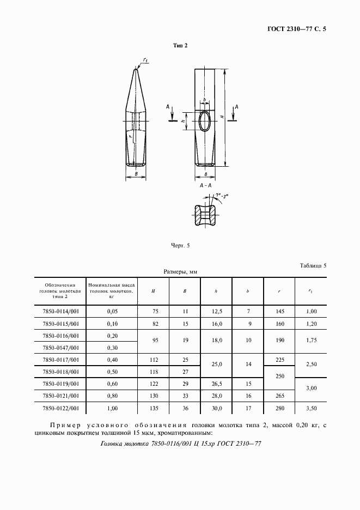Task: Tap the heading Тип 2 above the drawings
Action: pyautogui.click(x=180, y=46)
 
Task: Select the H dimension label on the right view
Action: pyautogui.click(x=222, y=117)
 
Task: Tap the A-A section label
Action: pyautogui.click(x=205, y=186)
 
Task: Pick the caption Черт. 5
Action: pyautogui.click(x=180, y=246)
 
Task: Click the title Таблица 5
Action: pyautogui.click(x=313, y=266)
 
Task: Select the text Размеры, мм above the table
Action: pyautogui.click(x=180, y=271)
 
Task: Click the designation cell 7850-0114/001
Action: pyautogui.click(x=60, y=311)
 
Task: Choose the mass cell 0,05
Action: pyautogui.click(x=112, y=311)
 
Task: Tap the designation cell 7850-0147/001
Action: pyautogui.click(x=60, y=347)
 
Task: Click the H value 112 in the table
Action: pyautogui.click(x=153, y=359)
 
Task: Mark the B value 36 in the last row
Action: pyautogui.click(x=185, y=407)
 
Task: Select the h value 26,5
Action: pyautogui.click(x=216, y=383)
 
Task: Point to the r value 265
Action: pyautogui.click(x=279, y=395)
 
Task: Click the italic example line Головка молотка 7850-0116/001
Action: pyautogui.click(x=182, y=444)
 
